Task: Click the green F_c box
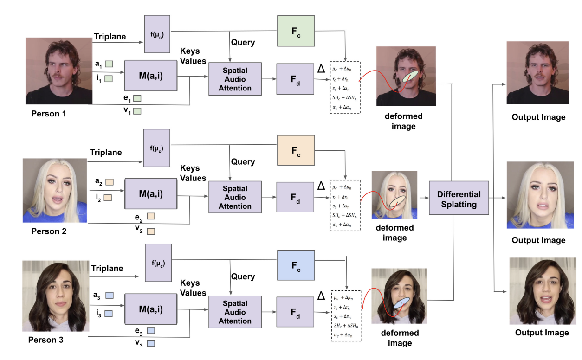(296, 31)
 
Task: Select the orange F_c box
(296, 150)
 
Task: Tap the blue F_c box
(296, 265)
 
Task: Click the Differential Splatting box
(459, 198)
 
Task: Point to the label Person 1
(48, 113)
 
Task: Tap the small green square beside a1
(109, 64)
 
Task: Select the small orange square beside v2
(151, 231)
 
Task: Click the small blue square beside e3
(150, 330)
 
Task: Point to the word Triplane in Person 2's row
(106, 152)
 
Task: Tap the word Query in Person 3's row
(243, 276)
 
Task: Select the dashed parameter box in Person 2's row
(345, 205)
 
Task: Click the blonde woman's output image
(540, 195)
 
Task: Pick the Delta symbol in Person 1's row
(321, 69)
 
